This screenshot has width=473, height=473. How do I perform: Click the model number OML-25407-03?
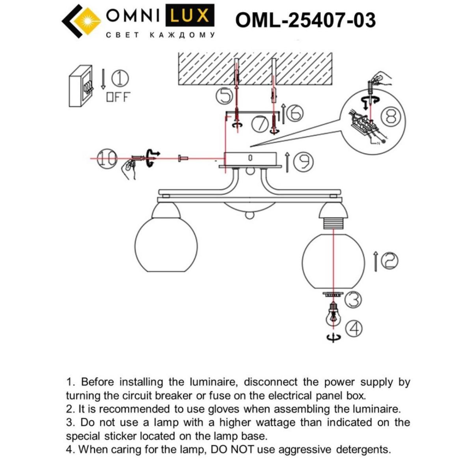pos(305,20)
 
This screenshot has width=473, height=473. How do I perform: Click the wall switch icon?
pos(81,86)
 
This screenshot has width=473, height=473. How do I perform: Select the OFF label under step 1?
pos(118,97)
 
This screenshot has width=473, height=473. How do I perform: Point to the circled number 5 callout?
pos(224,96)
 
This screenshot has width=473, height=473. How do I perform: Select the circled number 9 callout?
pos(304,162)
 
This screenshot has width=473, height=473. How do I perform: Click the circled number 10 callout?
pos(107,158)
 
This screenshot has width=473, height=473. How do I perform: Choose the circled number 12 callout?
pos(389,261)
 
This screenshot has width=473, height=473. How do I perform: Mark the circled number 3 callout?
pos(353,300)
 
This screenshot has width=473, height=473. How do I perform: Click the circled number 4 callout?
pos(354,328)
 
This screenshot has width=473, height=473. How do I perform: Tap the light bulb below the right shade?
pos(333,317)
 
